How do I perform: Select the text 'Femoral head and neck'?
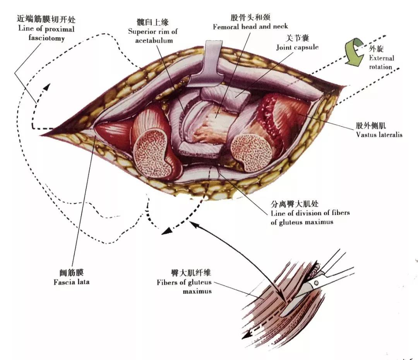[x=250, y=27]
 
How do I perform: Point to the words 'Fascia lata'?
[x=72, y=282]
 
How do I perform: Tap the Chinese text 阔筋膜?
[x=72, y=273]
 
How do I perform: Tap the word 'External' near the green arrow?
[x=381, y=58]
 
